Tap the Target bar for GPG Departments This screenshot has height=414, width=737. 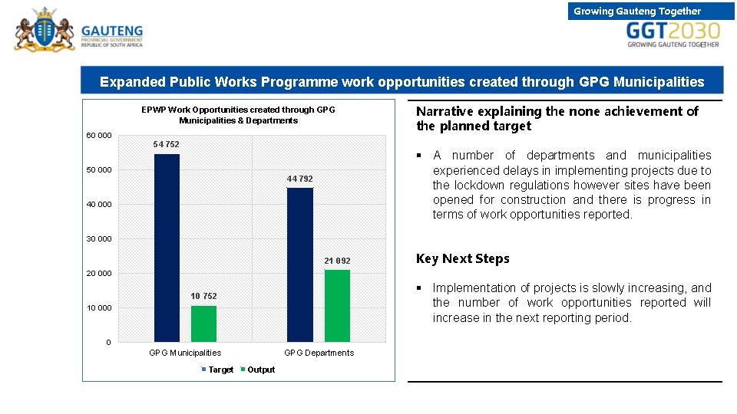click(300, 264)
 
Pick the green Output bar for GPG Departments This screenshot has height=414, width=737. click(337, 305)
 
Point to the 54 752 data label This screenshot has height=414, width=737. click(167, 145)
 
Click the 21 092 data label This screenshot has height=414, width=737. click(337, 261)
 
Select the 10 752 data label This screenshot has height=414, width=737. click(203, 296)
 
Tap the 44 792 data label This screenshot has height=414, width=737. click(300, 179)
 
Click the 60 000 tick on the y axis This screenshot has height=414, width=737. click(98, 136)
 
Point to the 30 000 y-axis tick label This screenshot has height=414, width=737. click(98, 239)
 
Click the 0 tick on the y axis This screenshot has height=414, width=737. click(108, 342)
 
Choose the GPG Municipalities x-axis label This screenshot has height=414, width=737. click(185, 353)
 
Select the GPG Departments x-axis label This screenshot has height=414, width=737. click(319, 353)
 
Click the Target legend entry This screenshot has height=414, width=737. click(220, 370)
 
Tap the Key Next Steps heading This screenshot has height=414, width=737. click(462, 258)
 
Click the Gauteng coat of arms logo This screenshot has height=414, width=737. click(44, 29)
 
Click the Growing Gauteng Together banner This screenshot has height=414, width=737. click(637, 11)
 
